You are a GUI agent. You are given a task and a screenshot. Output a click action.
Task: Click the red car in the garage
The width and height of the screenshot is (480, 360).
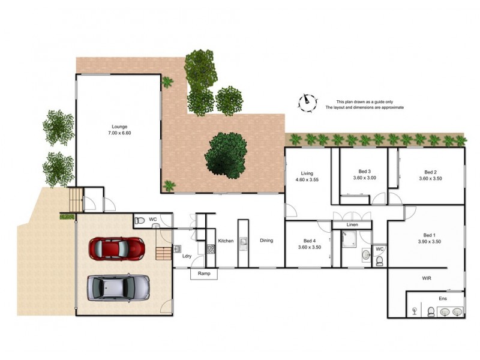point(117,247)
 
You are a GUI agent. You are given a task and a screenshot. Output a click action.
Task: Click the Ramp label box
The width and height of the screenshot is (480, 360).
point(204,274)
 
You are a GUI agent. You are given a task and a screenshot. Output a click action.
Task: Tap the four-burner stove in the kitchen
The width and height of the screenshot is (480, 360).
point(211,248)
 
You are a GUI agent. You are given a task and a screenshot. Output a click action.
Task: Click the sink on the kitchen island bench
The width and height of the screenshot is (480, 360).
point(244,242)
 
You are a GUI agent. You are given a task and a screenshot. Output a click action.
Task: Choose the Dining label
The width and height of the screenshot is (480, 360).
point(266,241)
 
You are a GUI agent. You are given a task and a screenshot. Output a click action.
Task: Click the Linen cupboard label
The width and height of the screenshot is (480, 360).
point(353,225)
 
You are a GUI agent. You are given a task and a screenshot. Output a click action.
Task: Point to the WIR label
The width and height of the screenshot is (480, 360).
point(427,278)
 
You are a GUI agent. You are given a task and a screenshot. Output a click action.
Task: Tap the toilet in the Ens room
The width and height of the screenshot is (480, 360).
point(431,311)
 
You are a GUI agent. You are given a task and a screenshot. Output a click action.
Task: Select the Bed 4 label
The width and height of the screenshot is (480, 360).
point(310,240)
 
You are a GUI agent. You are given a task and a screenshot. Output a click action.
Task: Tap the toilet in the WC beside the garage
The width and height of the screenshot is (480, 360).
point(140,220)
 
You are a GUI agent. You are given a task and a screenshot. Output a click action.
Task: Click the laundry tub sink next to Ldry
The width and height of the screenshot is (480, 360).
point(178,248)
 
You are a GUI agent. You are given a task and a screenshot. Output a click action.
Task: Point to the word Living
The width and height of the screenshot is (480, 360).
point(307,173)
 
